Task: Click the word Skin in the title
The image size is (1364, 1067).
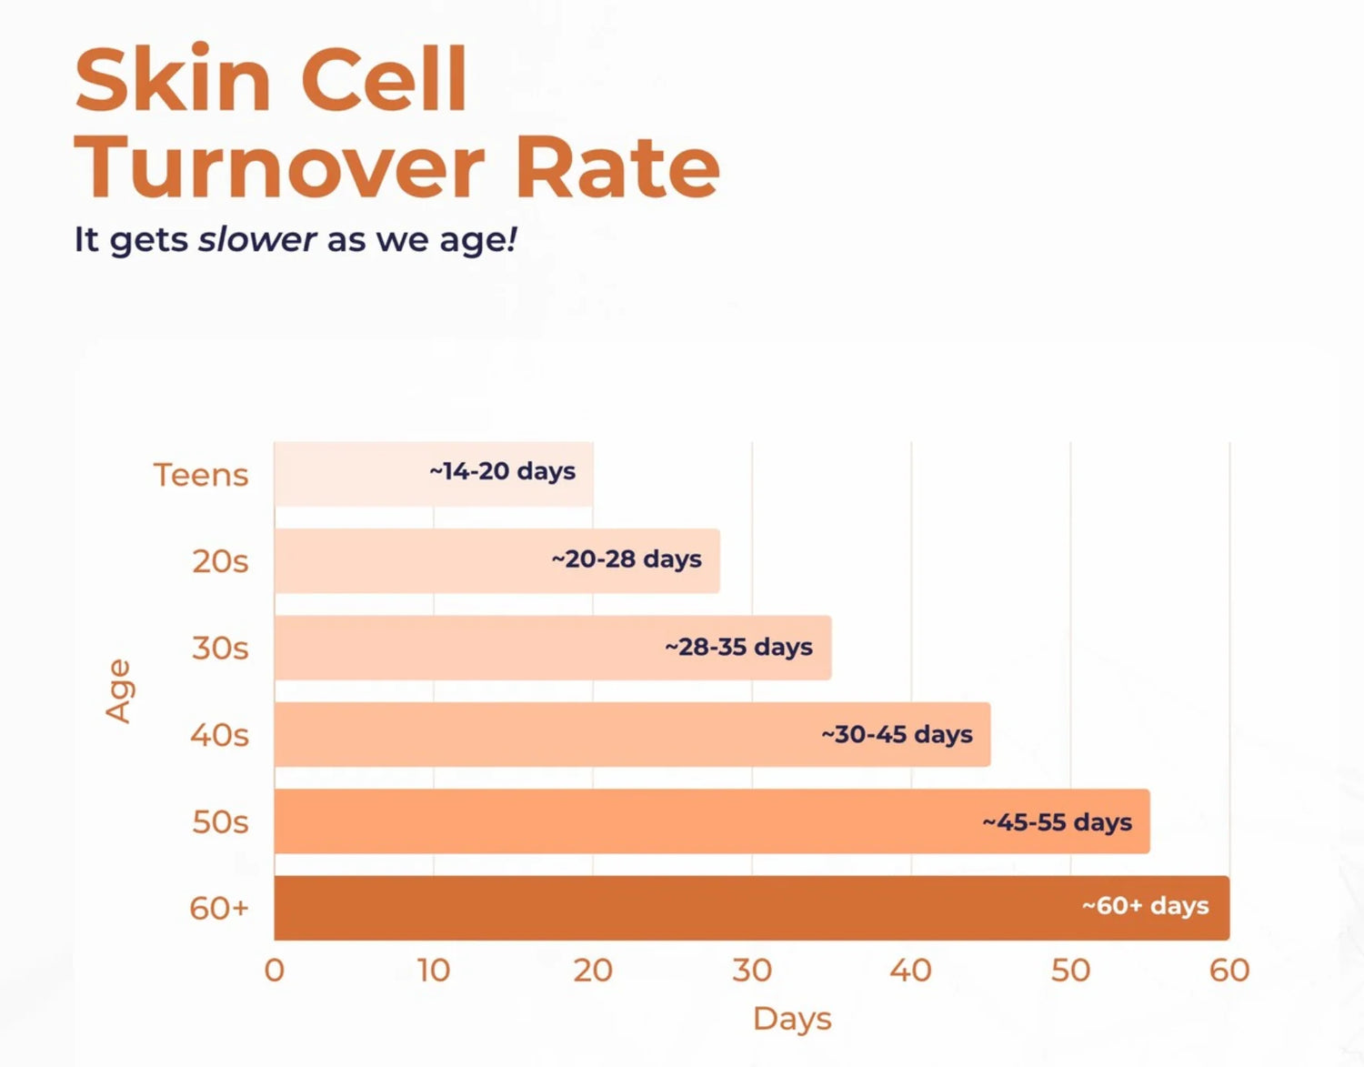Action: pyautogui.click(x=173, y=79)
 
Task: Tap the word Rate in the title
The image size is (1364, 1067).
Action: pyautogui.click(x=617, y=167)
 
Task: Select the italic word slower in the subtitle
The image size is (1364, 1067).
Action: pyautogui.click(x=257, y=239)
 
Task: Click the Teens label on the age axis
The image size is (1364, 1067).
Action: pyautogui.click(x=200, y=475)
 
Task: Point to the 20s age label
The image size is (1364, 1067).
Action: pyautogui.click(x=220, y=561)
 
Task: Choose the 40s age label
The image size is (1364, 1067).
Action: pyautogui.click(x=219, y=735)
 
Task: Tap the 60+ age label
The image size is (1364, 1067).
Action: pyautogui.click(x=218, y=908)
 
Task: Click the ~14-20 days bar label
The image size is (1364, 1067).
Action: pyautogui.click(x=502, y=471)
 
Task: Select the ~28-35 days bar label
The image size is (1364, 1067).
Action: pyautogui.click(x=738, y=647)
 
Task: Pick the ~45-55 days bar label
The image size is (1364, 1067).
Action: pyautogui.click(x=1057, y=822)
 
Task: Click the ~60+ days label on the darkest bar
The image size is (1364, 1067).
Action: pyautogui.click(x=1145, y=906)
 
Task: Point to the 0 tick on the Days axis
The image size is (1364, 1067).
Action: pyautogui.click(x=274, y=971)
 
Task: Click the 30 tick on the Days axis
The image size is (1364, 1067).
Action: pyautogui.click(x=752, y=971)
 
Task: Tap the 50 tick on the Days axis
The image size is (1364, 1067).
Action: pyautogui.click(x=1070, y=971)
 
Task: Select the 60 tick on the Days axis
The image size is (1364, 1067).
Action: pyautogui.click(x=1229, y=971)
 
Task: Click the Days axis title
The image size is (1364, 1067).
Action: pyautogui.click(x=792, y=1019)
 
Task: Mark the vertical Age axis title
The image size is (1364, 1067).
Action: pyautogui.click(x=119, y=691)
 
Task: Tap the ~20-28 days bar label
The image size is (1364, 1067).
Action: pyautogui.click(x=627, y=559)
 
